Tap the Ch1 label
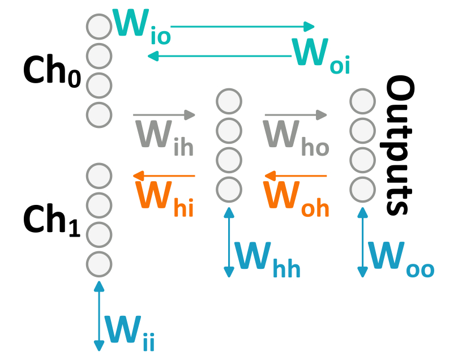click(52, 218)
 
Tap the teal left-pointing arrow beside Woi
click(219, 55)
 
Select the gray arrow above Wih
click(164, 115)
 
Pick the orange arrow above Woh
click(296, 176)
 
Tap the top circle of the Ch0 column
click(99, 26)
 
